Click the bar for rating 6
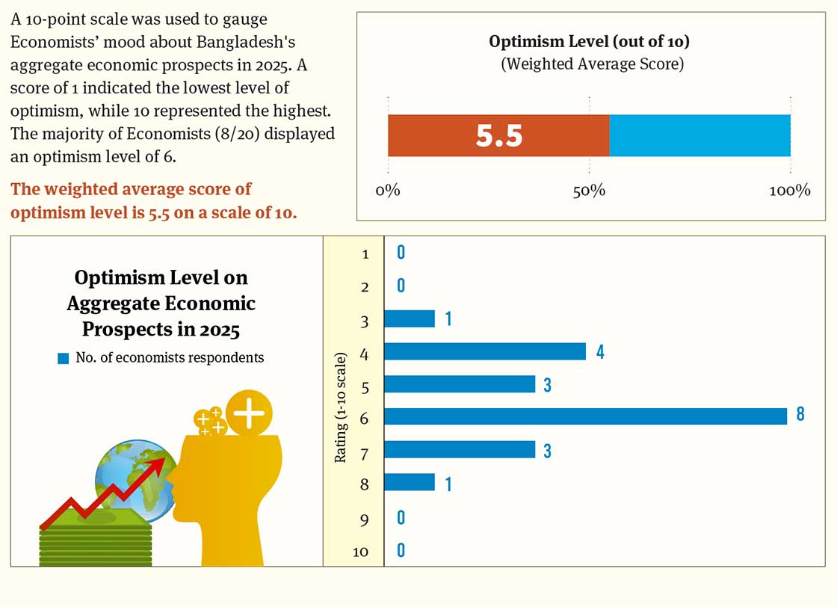click(x=585, y=416)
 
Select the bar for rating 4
click(x=484, y=351)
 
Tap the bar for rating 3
click(x=409, y=318)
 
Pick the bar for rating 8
click(x=409, y=482)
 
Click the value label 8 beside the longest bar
click(x=800, y=415)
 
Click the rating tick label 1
click(x=365, y=254)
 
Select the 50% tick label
click(x=589, y=191)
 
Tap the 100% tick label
click(x=790, y=191)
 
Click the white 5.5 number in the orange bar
click(x=499, y=136)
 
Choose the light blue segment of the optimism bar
click(x=699, y=135)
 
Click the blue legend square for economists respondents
click(x=64, y=358)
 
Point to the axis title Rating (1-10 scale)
click(x=341, y=404)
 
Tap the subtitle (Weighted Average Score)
click(x=592, y=64)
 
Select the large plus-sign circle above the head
click(x=249, y=413)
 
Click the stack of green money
click(x=96, y=533)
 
